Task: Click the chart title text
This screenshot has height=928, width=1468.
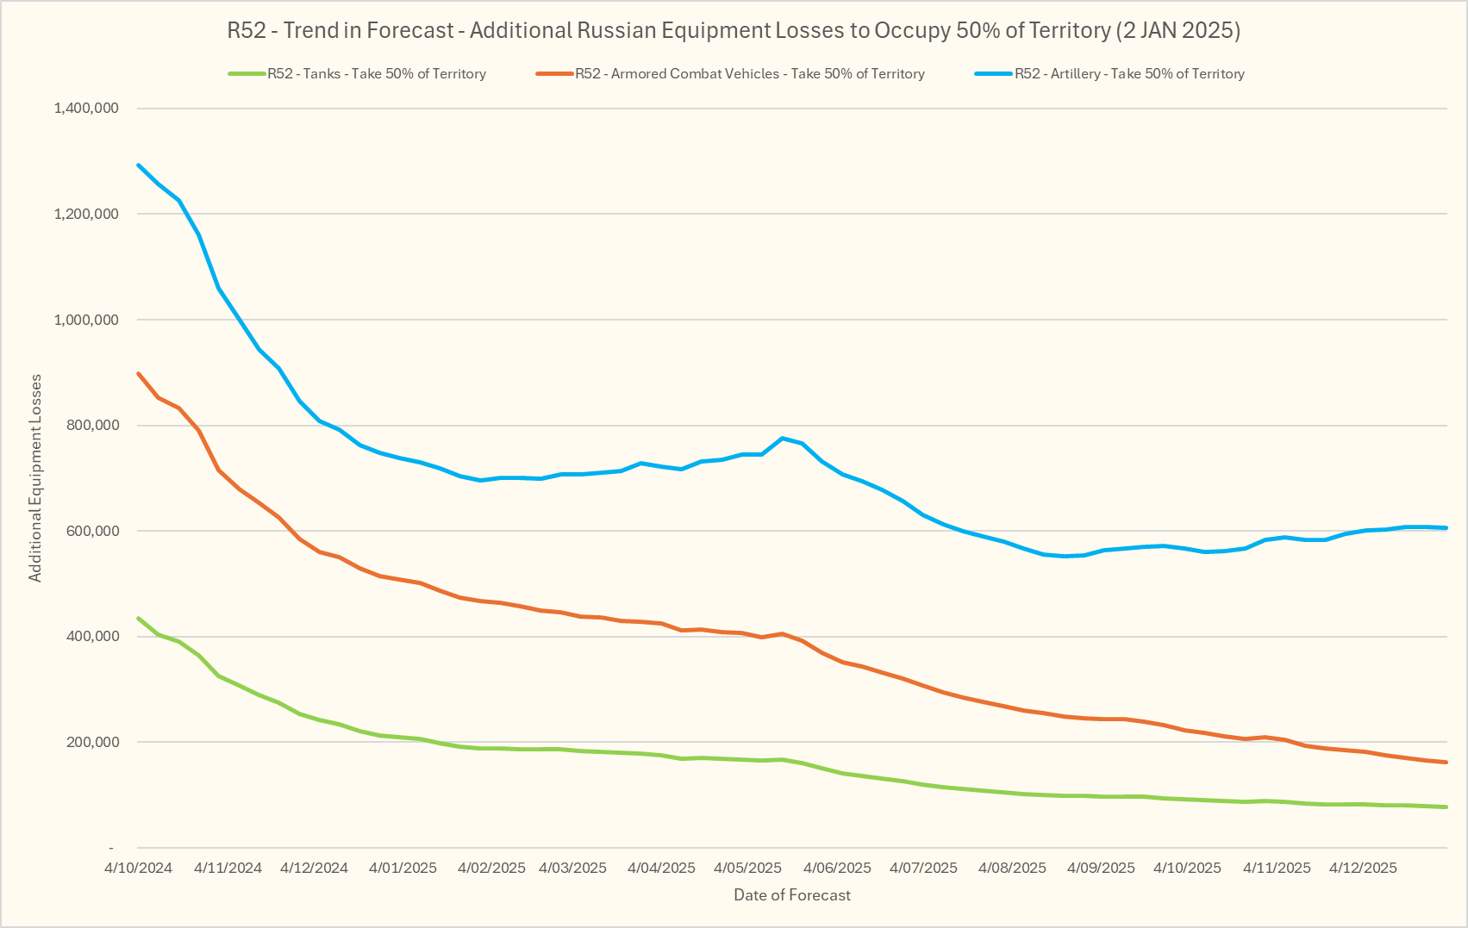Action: [734, 31]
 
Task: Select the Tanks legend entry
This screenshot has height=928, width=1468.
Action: [376, 74]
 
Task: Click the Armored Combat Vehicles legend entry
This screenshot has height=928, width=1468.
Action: [749, 74]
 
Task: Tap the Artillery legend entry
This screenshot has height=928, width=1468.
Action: [1128, 74]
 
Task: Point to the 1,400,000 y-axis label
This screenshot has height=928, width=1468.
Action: [86, 109]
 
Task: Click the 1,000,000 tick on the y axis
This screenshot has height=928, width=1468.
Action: [86, 320]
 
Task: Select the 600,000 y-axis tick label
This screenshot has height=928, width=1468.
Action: [91, 531]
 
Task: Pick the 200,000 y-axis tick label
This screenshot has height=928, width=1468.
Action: [91, 742]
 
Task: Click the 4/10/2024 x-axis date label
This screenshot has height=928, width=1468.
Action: [139, 868]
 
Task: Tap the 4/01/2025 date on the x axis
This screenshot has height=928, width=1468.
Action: [403, 868]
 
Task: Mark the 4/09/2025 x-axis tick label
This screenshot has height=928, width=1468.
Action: [1101, 868]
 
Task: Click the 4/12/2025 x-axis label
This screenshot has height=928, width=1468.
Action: [1363, 868]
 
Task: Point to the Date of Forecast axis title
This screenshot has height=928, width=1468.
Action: [792, 895]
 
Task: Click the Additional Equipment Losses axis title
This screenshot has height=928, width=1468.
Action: [35, 478]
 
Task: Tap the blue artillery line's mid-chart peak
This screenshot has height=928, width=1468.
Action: [782, 438]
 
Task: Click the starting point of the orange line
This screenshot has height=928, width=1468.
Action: [138, 373]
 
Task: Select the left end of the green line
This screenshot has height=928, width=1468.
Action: [138, 618]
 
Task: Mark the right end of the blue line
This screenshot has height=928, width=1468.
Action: [1446, 528]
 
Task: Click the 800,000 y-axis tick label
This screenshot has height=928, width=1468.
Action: [91, 426]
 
